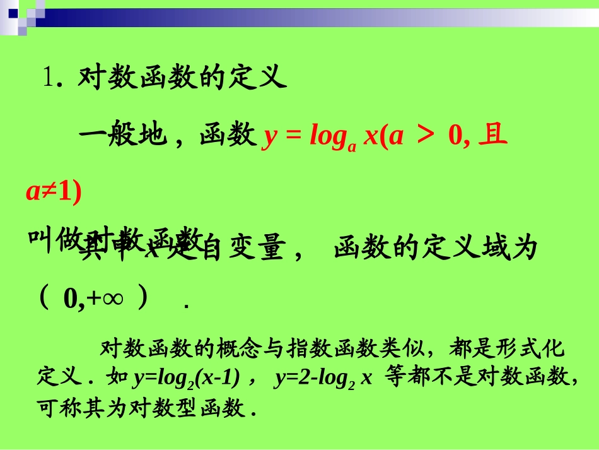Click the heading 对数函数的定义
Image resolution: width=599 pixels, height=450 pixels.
pyautogui.click(x=182, y=79)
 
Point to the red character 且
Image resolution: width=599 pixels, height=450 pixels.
pyautogui.click(x=493, y=135)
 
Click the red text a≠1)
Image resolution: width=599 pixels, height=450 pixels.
pyautogui.click(x=54, y=192)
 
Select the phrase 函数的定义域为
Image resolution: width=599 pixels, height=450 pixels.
pyautogui.click(x=436, y=249)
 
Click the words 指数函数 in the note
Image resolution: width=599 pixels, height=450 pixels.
pyautogui.click(x=325, y=348)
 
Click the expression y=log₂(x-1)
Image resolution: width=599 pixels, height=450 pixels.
pyautogui.click(x=187, y=378)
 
